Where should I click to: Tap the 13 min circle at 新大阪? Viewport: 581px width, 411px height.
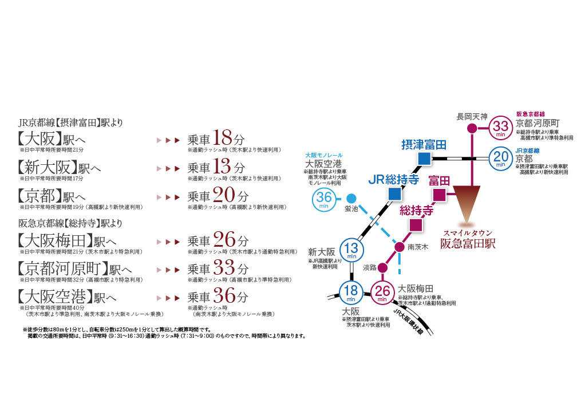tap(352, 249)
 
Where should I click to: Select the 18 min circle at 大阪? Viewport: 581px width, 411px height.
tap(350, 293)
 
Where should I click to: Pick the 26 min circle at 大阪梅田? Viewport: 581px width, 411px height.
tap(383, 293)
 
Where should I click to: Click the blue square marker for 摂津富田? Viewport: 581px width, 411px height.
tap(424, 158)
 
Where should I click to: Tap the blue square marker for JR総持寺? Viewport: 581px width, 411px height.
tap(394, 193)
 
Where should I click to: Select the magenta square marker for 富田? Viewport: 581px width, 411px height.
tap(439, 195)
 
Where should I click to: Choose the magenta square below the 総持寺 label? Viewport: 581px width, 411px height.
tap(416, 224)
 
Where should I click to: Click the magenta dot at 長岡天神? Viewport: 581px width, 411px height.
tap(472, 128)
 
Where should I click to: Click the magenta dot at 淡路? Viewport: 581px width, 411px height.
tap(383, 267)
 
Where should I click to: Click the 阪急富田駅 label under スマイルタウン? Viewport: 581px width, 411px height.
tap(467, 244)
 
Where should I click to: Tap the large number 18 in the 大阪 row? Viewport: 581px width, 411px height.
tap(222, 139)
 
